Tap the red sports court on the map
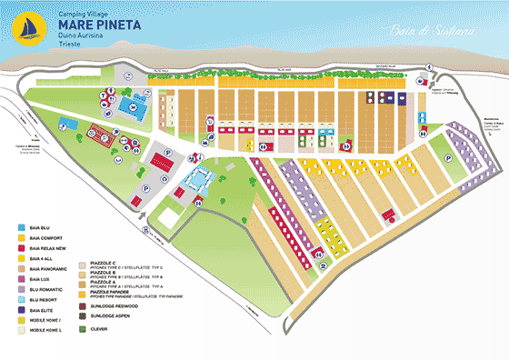pyautogui.click(x=161, y=164)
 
